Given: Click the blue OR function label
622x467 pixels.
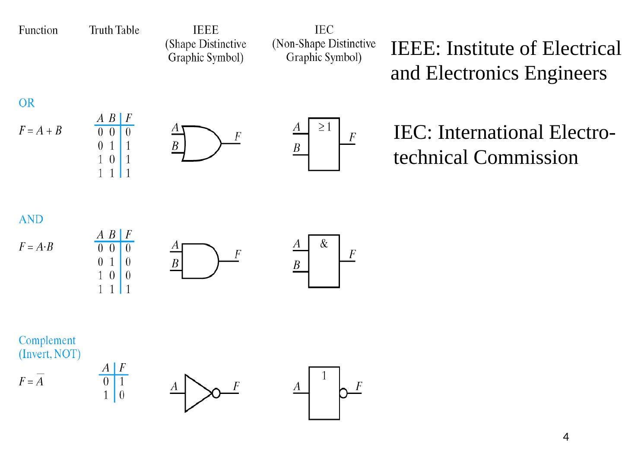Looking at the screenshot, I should click(x=26, y=103).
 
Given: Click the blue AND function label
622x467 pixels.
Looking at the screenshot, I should click(x=31, y=219).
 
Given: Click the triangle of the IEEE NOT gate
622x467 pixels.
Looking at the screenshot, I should click(x=197, y=393).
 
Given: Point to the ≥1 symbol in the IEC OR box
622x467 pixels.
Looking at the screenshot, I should click(x=325, y=127).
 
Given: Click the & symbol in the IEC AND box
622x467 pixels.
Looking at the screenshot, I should click(x=324, y=244).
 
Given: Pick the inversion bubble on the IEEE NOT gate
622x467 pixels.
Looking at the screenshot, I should click(x=216, y=393).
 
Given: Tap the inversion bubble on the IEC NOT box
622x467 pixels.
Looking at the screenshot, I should click(x=343, y=393).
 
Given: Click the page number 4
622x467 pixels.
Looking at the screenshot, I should click(x=566, y=437).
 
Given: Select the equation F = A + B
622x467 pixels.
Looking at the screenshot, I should click(x=40, y=130).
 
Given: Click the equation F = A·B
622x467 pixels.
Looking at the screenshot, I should click(x=36, y=247).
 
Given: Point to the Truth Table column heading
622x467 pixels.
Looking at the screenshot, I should click(x=114, y=30).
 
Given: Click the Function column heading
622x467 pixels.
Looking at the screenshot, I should click(x=38, y=30).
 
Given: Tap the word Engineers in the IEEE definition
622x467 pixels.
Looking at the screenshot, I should click(x=565, y=73).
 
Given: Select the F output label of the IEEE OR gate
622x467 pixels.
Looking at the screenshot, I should click(x=238, y=137).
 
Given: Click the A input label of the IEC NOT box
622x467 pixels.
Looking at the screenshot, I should click(x=297, y=386).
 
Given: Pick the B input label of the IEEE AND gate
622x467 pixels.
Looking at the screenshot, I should click(x=175, y=263).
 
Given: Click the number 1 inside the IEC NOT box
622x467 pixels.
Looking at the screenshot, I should click(x=324, y=376).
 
